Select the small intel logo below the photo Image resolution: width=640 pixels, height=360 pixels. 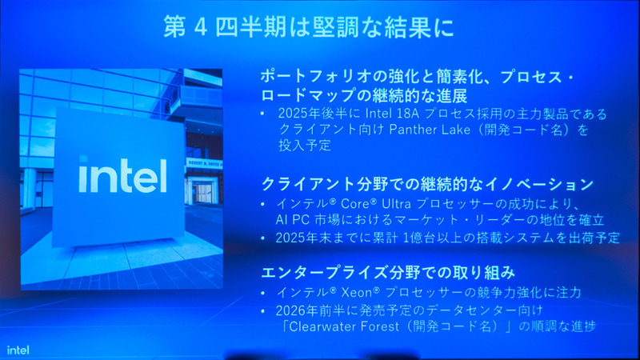coord(19,350)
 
